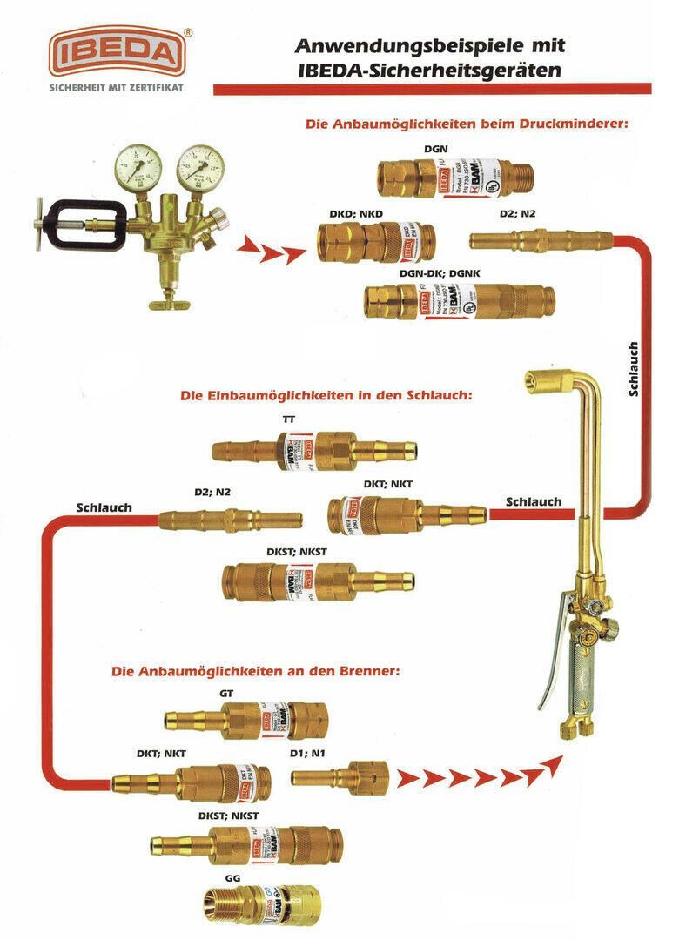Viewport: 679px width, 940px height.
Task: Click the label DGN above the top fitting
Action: (x=436, y=149)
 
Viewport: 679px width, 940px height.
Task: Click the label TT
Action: (x=289, y=420)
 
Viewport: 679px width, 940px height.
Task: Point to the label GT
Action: (x=227, y=694)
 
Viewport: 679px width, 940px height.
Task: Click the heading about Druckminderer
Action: (x=467, y=124)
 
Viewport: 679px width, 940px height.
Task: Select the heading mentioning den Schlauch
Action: (x=326, y=395)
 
